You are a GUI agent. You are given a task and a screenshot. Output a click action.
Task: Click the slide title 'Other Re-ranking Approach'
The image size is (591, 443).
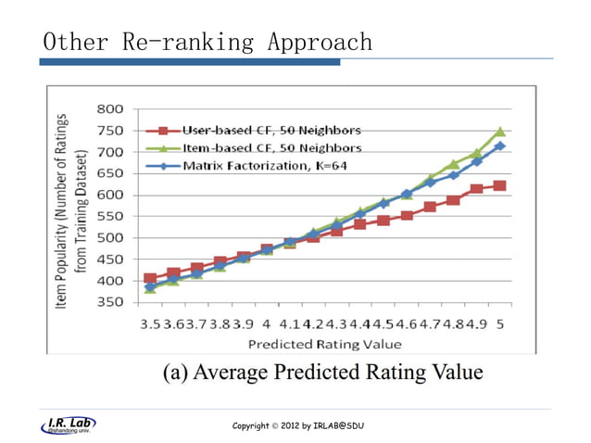pyautogui.click(x=207, y=43)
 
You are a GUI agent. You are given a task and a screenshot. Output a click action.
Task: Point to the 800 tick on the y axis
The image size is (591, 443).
pyautogui.click(x=108, y=109)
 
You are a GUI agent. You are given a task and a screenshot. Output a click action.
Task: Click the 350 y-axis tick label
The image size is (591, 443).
pyautogui.click(x=108, y=303)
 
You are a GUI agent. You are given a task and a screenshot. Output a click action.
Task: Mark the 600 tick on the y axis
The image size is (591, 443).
pyautogui.click(x=108, y=195)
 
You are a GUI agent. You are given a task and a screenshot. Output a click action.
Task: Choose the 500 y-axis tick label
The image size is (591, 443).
pyautogui.click(x=108, y=238)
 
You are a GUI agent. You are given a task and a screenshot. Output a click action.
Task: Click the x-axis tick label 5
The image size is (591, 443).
pyautogui.click(x=500, y=324)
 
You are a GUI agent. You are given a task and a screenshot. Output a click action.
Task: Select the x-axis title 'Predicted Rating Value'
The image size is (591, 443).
pyautogui.click(x=325, y=344)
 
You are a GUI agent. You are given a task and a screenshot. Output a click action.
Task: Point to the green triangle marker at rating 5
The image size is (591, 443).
pyautogui.click(x=500, y=132)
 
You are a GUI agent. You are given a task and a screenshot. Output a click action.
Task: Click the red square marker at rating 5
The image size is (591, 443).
pyautogui.click(x=500, y=185)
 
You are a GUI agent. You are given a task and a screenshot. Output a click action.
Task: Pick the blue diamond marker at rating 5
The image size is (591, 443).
pyautogui.click(x=500, y=146)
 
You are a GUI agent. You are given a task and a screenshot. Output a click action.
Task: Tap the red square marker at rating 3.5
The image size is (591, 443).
pyautogui.click(x=151, y=278)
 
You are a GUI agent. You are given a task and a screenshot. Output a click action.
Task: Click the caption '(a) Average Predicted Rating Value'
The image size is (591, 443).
pyautogui.click(x=323, y=373)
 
